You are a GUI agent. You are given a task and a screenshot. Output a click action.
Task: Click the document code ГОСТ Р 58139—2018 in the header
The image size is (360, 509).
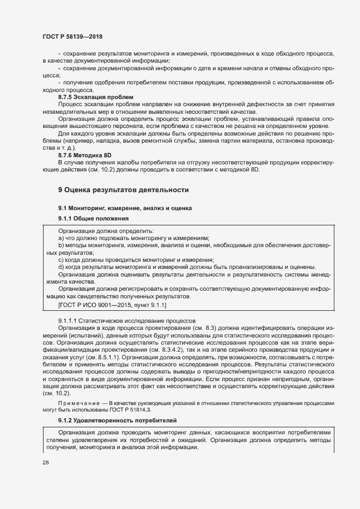point(72,36)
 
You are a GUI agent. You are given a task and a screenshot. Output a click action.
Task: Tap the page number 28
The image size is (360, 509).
point(45,462)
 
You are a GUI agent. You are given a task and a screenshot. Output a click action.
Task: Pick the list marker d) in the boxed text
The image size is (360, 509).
point(61,267)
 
